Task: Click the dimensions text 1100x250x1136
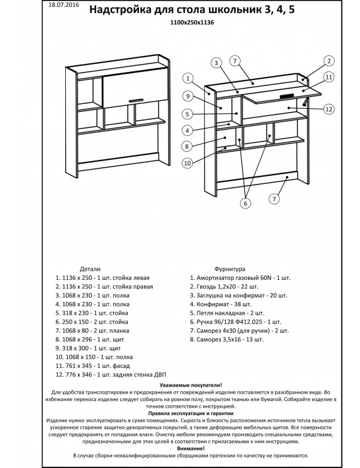[x=192, y=22]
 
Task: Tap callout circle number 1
[x=188, y=79]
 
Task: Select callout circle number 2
[x=329, y=61]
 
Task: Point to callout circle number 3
[x=216, y=63]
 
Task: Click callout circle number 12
[x=329, y=109]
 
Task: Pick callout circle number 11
[x=329, y=77]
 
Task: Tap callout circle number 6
[x=246, y=204]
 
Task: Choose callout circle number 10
[x=187, y=163]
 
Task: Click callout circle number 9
[x=188, y=96]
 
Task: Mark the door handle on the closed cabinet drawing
[x=137, y=100]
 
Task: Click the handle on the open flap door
[x=287, y=96]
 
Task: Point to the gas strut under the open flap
[x=305, y=101]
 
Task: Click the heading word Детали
[x=90, y=269]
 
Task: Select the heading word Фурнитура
[x=230, y=269]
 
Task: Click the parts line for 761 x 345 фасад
[x=92, y=366]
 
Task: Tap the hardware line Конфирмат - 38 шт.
[x=221, y=304]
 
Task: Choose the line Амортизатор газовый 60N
[x=240, y=278]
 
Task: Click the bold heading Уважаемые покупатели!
[x=191, y=386]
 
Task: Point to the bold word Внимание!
[x=191, y=448]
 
